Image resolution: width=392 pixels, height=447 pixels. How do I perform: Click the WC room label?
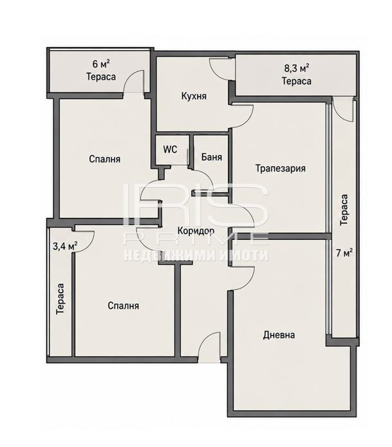170,149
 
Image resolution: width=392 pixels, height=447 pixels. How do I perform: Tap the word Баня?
211,157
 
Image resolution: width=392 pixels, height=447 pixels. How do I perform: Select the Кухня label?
194,96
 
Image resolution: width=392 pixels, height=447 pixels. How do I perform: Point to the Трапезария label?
280,169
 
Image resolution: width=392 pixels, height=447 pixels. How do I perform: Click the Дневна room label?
279,334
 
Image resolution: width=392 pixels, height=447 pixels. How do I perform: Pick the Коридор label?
196,231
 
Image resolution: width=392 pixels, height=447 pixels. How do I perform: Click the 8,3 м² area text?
297,68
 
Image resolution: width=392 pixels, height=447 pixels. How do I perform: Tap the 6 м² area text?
101,64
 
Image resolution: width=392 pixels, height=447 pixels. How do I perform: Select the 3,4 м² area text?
65,246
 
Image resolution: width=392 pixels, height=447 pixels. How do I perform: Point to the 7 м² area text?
344,253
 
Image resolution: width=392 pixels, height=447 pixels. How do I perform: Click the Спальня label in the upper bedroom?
104,159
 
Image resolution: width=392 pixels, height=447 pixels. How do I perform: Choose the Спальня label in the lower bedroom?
123,306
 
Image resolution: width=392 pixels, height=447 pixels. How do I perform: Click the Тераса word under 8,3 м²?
297,81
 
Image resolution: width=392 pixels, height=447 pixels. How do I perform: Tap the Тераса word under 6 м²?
101,77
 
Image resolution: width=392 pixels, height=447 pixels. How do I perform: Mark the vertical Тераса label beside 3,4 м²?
61,299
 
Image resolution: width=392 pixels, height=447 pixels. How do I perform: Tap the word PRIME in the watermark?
196,239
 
